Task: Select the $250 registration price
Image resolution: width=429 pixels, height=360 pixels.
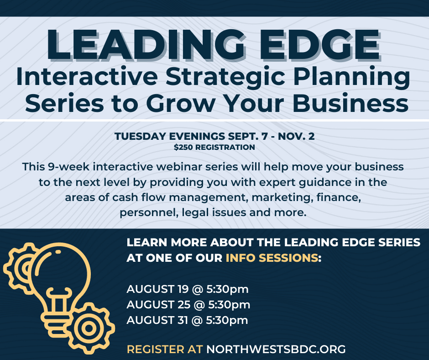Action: (184, 148)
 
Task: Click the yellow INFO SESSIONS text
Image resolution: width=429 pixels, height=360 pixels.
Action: (272, 258)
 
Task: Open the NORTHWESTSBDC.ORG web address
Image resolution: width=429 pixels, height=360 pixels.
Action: (276, 349)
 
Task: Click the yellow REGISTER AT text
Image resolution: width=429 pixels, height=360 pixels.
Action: (165, 349)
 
